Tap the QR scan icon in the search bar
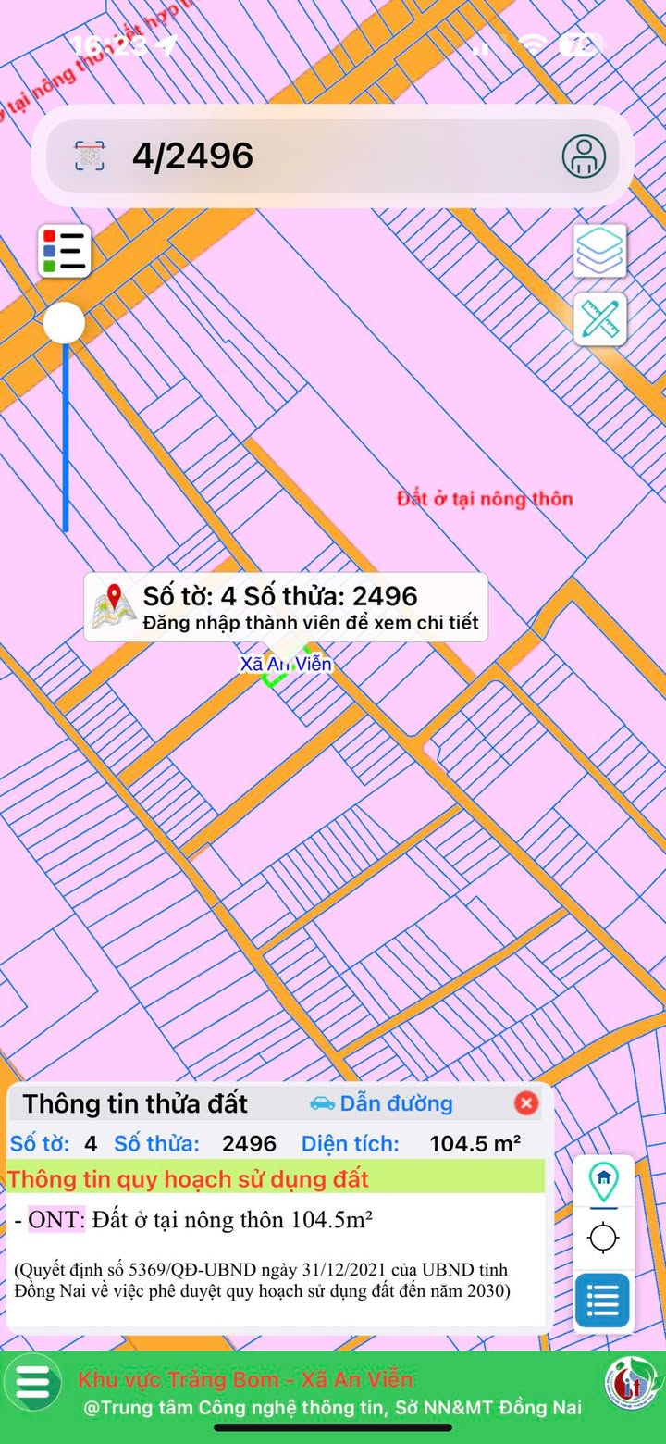click(90, 156)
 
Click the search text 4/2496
click(192, 156)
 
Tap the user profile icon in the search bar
click(584, 156)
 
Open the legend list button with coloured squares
click(64, 251)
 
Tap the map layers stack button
click(600, 250)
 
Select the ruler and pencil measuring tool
click(600, 319)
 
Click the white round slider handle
click(65, 324)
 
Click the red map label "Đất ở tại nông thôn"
click(485, 499)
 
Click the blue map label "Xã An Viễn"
click(286, 664)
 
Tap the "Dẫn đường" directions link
click(381, 1103)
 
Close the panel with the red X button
click(526, 1103)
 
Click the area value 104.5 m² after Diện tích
click(475, 1143)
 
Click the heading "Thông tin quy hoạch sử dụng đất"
click(189, 1179)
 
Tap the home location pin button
click(603, 1180)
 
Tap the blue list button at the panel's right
click(602, 1301)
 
